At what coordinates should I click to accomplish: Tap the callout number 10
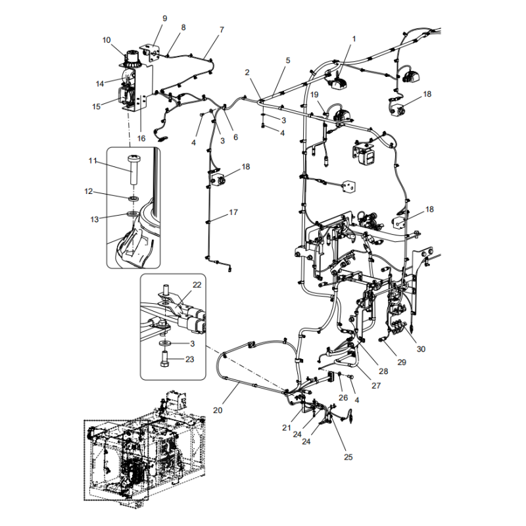[x=107, y=40]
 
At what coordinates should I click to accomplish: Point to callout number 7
[x=222, y=30]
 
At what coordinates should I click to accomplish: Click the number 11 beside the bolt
[x=93, y=160]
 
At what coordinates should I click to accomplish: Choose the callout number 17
[x=233, y=212]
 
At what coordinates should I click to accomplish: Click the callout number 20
[x=218, y=410]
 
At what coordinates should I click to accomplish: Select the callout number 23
[x=189, y=360]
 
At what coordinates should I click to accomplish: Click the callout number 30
[x=421, y=349]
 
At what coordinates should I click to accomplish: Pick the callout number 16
[x=141, y=138]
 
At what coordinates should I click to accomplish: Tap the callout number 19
[x=314, y=95]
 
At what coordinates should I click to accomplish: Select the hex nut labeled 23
[x=164, y=360]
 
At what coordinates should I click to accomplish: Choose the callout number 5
[x=287, y=60]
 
